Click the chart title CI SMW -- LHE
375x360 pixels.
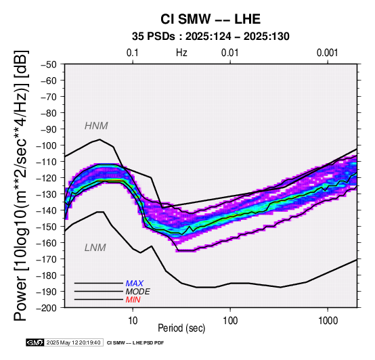click(x=211, y=19)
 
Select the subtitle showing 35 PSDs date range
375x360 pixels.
click(x=211, y=37)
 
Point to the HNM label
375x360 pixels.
click(x=96, y=126)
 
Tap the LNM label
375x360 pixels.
click(x=95, y=248)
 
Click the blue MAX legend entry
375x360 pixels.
click(x=135, y=284)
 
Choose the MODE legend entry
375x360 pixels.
click(x=138, y=292)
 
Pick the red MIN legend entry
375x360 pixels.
click(x=133, y=300)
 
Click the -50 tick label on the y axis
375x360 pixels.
click(x=49, y=64)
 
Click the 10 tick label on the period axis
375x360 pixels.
click(x=133, y=321)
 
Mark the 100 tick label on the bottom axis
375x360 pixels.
click(x=230, y=321)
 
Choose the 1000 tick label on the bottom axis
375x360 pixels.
click(x=328, y=321)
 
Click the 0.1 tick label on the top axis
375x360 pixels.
click(x=133, y=53)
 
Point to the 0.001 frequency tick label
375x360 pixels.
click(x=328, y=53)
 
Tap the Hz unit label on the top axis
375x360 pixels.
click(x=181, y=53)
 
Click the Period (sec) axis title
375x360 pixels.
click(x=181, y=328)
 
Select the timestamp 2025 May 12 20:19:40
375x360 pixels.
click(x=73, y=343)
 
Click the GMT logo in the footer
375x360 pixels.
click(x=35, y=343)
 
